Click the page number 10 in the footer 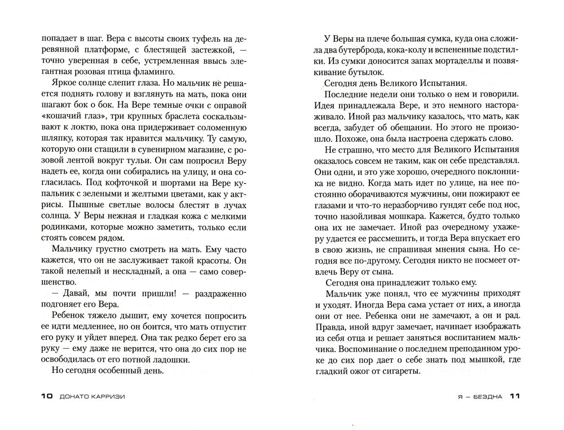(x=46, y=396)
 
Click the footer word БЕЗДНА (x=485, y=396)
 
